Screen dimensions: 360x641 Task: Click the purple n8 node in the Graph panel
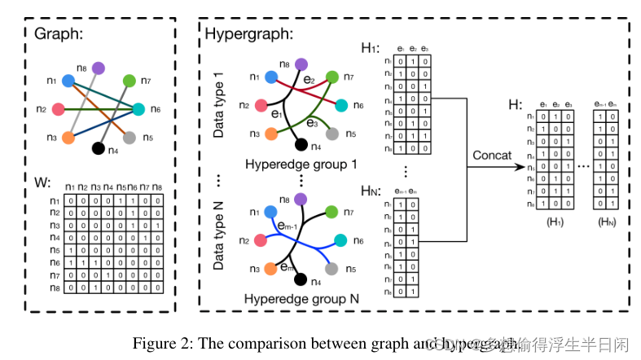coord(99,68)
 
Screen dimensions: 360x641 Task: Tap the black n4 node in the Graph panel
coord(99,148)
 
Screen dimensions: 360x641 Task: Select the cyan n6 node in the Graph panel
coord(138,109)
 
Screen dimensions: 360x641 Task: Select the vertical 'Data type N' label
coord(218,236)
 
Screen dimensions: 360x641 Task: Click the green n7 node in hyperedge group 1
coord(331,77)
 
